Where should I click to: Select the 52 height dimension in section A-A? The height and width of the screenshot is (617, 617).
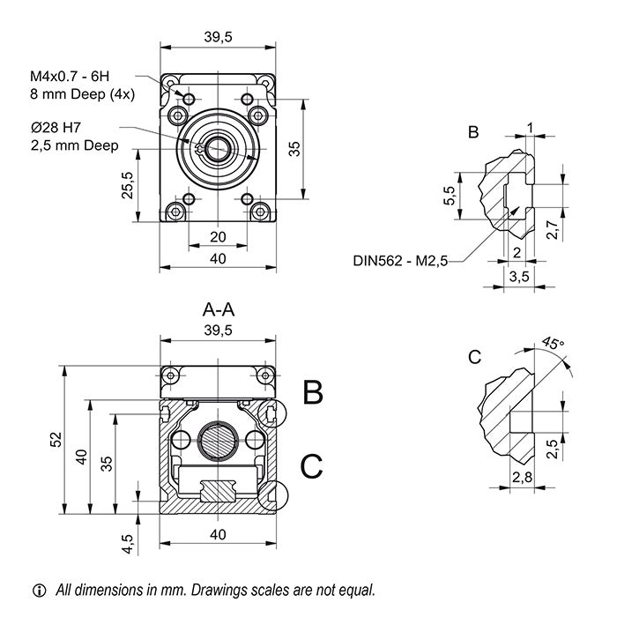[x=55, y=437]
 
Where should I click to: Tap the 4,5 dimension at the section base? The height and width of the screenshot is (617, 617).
[x=128, y=541]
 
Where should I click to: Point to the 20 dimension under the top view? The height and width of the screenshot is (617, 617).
[x=218, y=236]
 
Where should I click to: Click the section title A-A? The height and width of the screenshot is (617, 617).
[x=218, y=309]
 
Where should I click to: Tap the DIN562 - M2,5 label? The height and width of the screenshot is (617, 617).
[x=401, y=260]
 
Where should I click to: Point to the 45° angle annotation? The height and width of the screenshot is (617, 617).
[x=552, y=343]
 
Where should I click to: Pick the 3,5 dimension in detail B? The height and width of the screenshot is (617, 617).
[x=520, y=276]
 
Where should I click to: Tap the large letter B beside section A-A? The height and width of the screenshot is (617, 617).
[x=313, y=392]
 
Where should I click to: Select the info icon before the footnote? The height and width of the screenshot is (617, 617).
[x=38, y=590]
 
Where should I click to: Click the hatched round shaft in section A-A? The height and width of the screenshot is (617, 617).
[x=218, y=438]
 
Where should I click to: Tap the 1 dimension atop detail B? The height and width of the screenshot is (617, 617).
[x=529, y=128]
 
